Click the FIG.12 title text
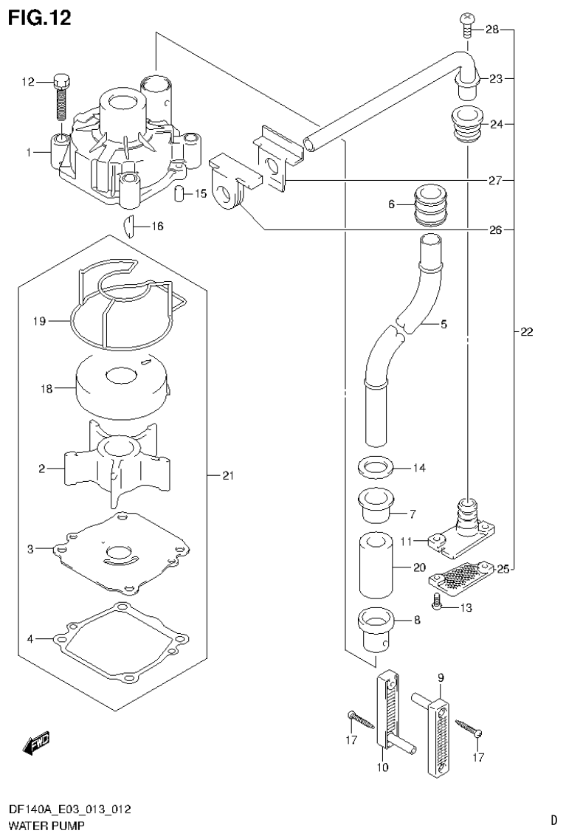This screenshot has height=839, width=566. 40,18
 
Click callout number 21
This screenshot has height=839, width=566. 227,476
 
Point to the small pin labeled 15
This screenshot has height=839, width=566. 178,194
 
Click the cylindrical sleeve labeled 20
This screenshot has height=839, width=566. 376,567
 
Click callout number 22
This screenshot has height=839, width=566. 525,332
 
